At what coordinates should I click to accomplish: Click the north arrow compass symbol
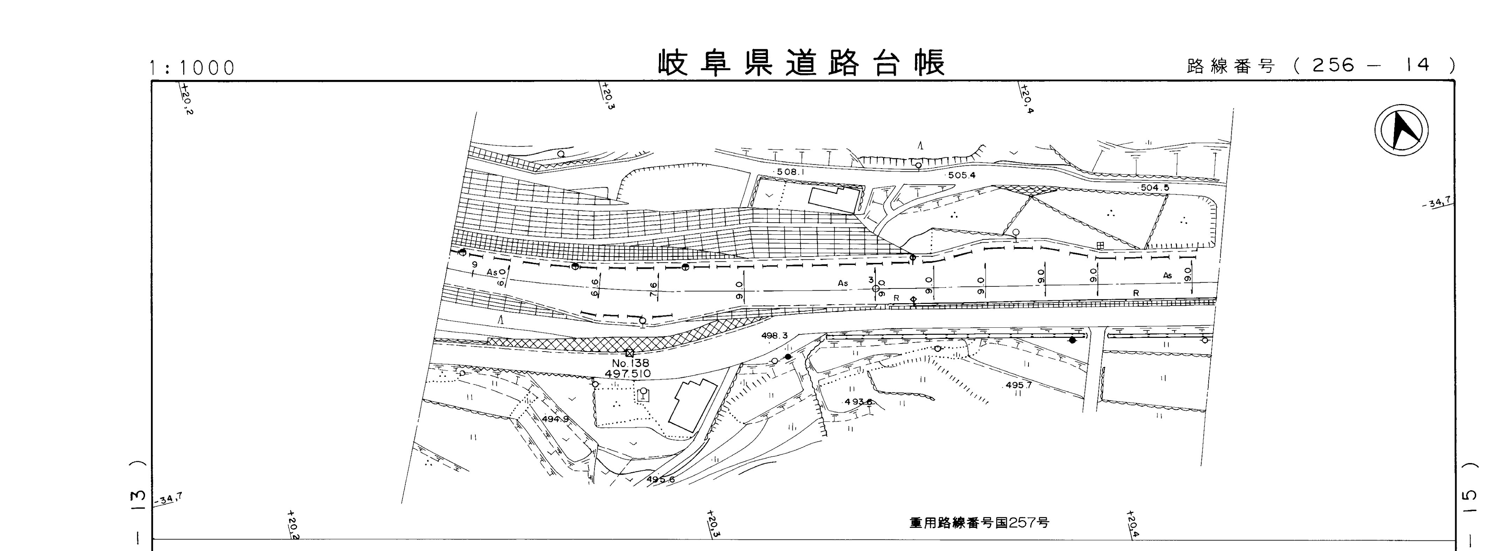(x=1401, y=133)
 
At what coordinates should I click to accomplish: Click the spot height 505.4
(x=962, y=175)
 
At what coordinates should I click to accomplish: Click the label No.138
(x=630, y=363)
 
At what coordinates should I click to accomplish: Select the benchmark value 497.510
(x=628, y=374)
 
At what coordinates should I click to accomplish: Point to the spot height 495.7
(x=1018, y=386)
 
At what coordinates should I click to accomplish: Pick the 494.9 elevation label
(x=555, y=420)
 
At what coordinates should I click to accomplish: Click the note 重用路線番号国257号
(x=979, y=522)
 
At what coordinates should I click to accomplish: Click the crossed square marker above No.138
(x=629, y=353)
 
